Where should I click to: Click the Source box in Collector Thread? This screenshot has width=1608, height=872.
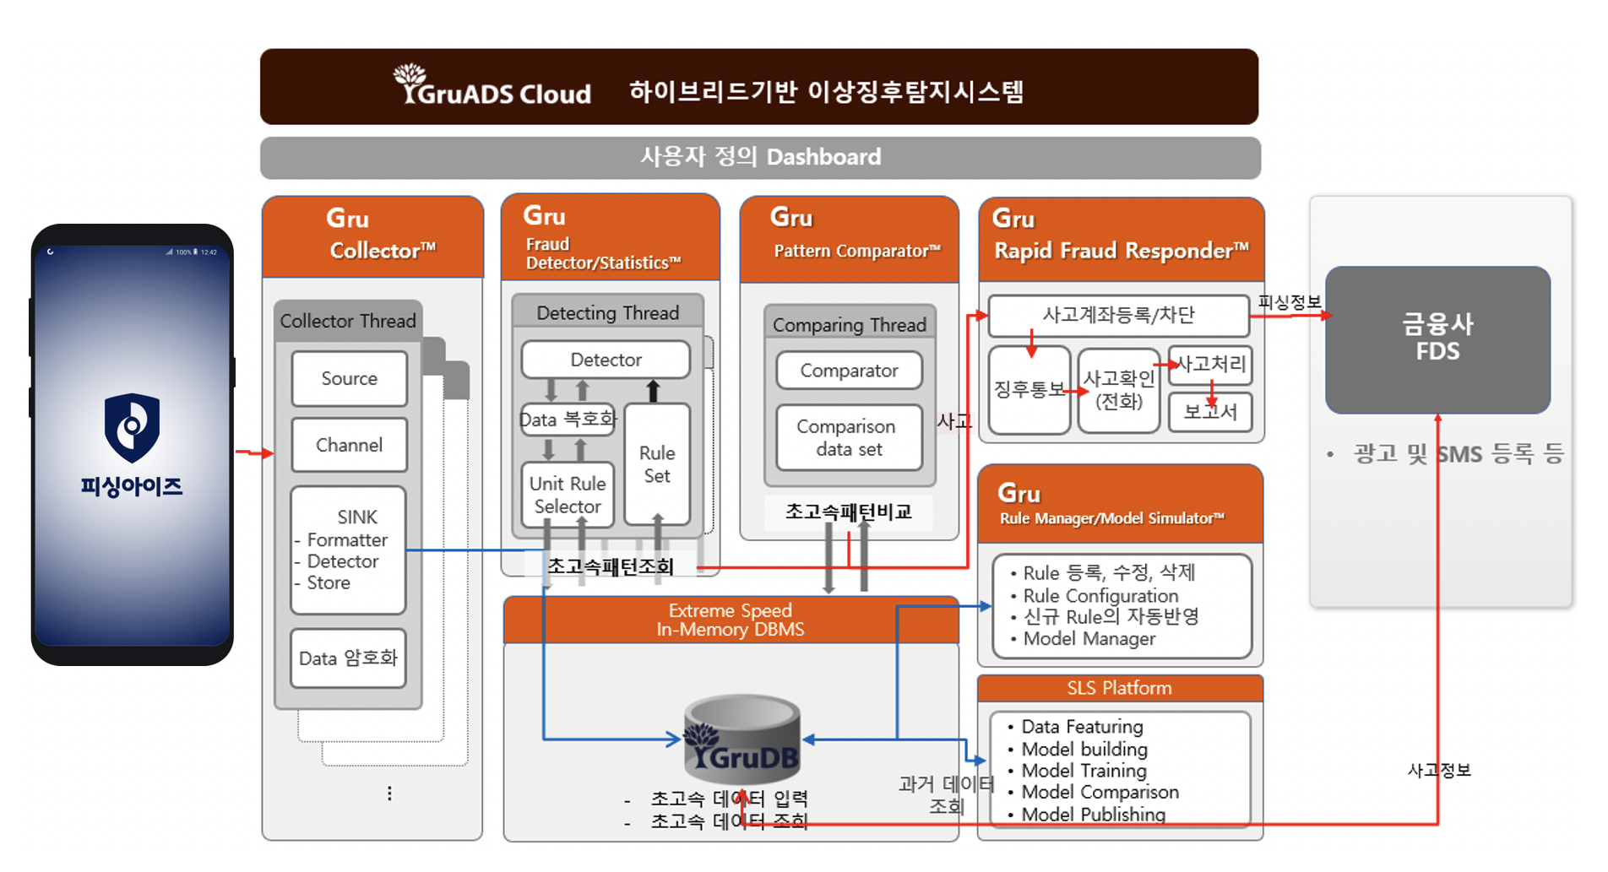point(349,378)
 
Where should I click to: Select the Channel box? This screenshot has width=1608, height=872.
point(349,445)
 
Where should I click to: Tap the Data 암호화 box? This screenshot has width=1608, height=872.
point(348,658)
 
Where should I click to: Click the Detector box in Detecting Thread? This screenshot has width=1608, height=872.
point(606,360)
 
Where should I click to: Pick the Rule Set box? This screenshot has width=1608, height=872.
point(656,464)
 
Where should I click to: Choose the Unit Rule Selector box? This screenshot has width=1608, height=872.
point(567,495)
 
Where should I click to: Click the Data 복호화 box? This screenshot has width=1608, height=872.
point(567,420)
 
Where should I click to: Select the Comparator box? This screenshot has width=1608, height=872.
point(849,371)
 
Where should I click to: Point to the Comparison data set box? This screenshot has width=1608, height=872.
point(849,437)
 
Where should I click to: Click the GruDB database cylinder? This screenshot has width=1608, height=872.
point(742,739)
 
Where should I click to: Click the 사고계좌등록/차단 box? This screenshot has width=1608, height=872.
point(1118,315)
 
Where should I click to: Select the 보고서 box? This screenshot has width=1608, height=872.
point(1209,412)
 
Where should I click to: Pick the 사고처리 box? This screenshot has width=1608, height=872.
point(1210,365)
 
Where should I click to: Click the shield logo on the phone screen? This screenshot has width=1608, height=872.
point(132,427)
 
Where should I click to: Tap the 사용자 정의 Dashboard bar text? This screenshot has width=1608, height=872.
point(760,157)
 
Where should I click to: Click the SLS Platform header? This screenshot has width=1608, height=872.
point(1119,688)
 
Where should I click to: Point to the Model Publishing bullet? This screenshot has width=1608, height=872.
point(1093,815)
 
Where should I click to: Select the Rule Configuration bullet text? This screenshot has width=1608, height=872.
point(1100,595)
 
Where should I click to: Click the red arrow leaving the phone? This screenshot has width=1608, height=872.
point(254,453)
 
